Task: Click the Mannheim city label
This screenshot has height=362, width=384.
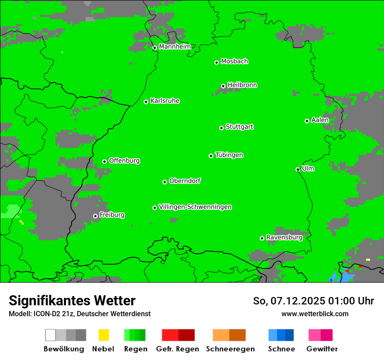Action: point(175,47)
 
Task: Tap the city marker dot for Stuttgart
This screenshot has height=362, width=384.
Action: point(222,128)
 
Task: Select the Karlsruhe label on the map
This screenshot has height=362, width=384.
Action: point(165,101)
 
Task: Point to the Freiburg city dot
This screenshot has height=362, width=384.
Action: point(95,216)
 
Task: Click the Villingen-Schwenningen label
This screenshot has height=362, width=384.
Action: point(195,207)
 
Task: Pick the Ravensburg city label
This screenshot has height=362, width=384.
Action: point(284,237)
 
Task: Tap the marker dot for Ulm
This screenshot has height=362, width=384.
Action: point(298,169)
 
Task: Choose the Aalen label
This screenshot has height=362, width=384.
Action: point(320,120)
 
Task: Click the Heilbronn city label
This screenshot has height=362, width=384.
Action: point(242,85)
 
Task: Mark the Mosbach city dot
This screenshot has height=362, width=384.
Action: point(216,62)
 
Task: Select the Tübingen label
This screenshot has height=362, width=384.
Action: point(229,155)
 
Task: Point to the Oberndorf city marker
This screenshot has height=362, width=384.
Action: point(165,182)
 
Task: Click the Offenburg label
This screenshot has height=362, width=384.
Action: point(124,161)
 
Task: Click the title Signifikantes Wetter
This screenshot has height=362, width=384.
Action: point(72,301)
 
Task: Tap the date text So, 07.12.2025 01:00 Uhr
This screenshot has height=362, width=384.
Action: point(313,301)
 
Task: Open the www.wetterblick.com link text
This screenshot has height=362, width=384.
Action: point(315,314)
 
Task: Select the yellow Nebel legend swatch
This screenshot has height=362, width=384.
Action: point(104,335)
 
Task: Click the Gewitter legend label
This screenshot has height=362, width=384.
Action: point(322,349)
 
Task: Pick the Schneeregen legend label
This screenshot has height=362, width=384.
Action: point(230,349)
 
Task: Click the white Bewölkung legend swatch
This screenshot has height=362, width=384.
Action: point(51,335)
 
